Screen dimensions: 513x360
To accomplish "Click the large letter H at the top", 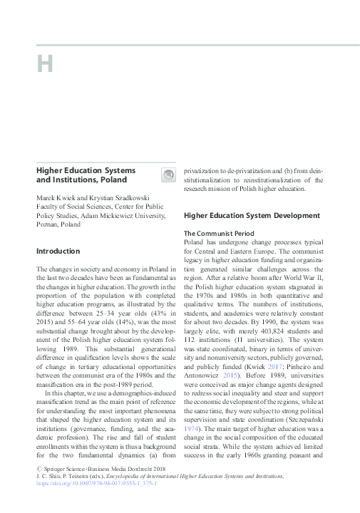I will pos(45,64).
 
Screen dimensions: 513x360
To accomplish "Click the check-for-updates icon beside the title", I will pos(168,175).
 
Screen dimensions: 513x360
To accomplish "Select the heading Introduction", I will pos(58,251).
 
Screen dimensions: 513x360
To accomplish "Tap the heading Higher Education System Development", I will pos(252,215).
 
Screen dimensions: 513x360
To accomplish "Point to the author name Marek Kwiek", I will pos(56,197).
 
